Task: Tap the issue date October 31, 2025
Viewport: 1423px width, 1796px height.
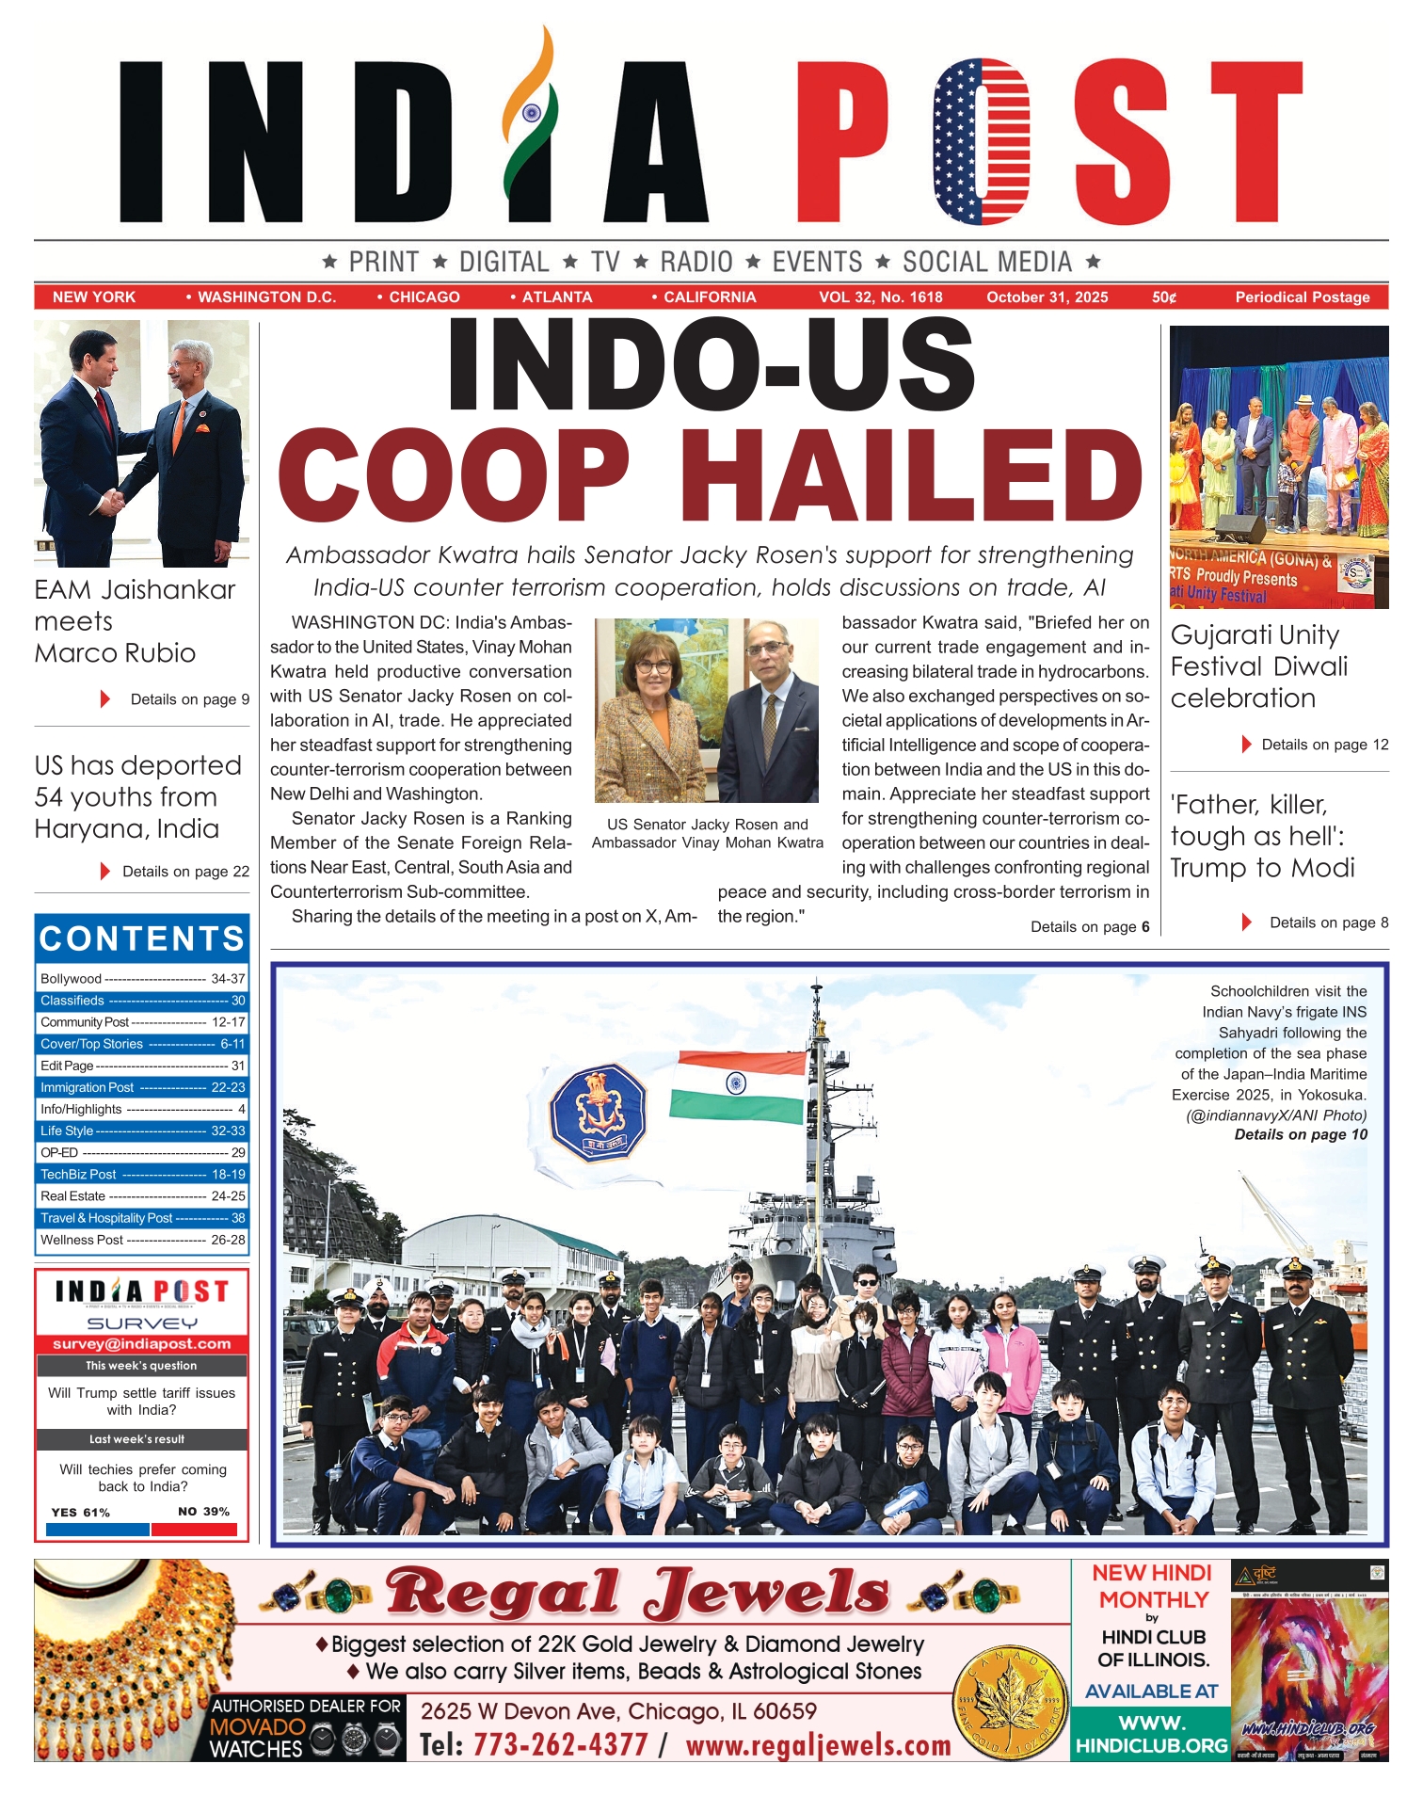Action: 1047,297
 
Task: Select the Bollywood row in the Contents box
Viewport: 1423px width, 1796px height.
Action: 142,979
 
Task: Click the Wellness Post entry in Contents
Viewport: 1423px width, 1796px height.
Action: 142,1240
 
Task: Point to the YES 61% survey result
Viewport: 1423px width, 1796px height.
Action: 81,1512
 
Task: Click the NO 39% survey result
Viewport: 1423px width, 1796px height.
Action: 203,1512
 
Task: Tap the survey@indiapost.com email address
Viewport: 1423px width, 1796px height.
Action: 142,1344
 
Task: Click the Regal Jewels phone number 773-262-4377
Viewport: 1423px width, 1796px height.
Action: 560,1744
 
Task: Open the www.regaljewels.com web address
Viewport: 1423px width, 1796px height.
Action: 818,1745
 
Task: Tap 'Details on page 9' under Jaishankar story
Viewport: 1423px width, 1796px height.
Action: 189,699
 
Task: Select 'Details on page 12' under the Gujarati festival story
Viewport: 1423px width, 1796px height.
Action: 1324,745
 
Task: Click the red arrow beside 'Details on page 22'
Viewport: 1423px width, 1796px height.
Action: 105,872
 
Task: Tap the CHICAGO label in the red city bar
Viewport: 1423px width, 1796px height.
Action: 424,297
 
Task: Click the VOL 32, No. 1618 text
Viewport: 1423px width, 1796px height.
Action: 880,297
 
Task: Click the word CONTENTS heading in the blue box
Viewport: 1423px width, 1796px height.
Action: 142,938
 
